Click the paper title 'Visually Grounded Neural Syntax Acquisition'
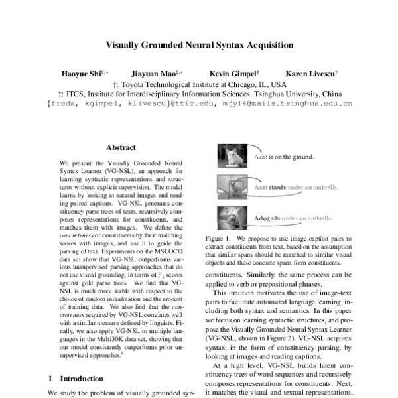199,46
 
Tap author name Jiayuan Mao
155,73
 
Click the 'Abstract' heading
121,148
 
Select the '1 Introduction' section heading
76,378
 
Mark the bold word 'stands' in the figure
277,188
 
